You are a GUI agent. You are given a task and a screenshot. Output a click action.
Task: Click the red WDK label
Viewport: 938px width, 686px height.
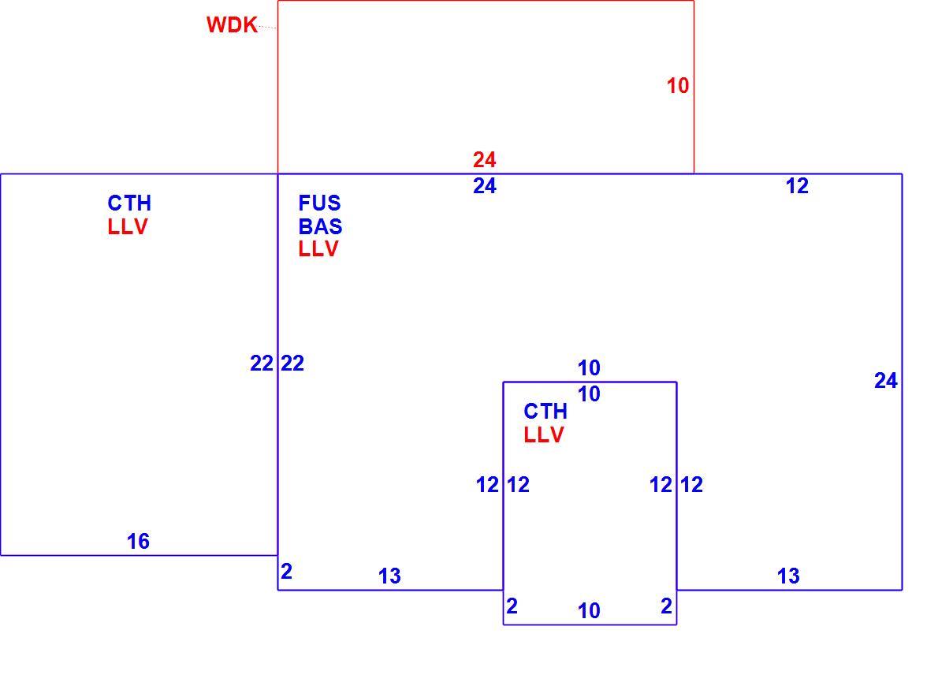click(232, 25)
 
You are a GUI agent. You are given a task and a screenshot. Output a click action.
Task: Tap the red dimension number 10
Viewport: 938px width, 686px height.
click(678, 86)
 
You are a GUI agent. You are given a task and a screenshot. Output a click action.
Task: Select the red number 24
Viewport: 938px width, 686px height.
click(485, 160)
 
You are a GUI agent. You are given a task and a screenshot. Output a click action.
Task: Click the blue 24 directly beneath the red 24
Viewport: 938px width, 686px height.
click(485, 186)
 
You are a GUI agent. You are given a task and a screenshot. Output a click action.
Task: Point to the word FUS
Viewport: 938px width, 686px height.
click(319, 203)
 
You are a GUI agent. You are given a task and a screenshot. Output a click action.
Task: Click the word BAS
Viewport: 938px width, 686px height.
click(320, 226)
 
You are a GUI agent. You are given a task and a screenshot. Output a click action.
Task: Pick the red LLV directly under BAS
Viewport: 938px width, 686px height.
click(318, 249)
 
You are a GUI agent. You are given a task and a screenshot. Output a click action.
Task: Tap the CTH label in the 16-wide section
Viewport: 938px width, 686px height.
click(129, 203)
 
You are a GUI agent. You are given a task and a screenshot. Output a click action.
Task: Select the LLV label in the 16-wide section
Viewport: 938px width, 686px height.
click(128, 227)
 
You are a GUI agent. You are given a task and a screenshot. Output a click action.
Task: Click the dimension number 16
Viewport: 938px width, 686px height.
click(138, 542)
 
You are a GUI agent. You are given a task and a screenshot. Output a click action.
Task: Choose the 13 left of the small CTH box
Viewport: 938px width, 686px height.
click(389, 576)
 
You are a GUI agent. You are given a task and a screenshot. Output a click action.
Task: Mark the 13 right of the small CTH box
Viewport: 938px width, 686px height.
click(788, 576)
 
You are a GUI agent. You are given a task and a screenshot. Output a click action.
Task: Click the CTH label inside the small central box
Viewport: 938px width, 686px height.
click(545, 412)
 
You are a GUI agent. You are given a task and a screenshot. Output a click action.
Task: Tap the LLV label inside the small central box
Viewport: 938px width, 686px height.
click(544, 435)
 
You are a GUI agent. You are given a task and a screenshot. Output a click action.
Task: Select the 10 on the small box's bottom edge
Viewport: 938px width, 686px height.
click(590, 611)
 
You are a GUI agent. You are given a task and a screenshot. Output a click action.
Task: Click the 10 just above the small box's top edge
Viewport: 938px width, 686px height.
click(590, 367)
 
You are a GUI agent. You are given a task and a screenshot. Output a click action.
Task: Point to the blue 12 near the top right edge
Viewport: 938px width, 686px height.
click(798, 186)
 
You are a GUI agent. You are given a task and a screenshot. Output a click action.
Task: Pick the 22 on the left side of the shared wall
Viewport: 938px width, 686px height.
click(262, 364)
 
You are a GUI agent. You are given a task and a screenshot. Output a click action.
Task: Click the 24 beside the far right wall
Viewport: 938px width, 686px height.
click(886, 381)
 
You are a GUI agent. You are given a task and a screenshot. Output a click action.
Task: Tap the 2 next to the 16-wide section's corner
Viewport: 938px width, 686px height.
click(287, 572)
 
